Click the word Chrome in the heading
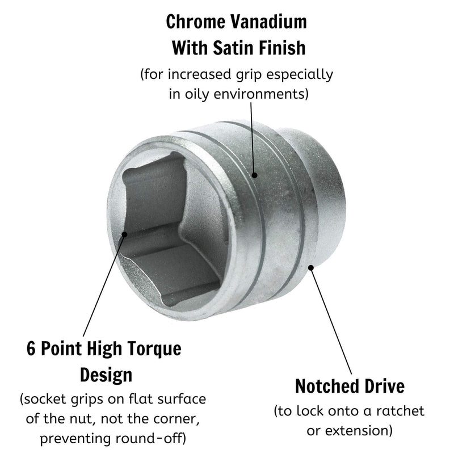(195, 22)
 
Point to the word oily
(197, 94)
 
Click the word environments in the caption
(261, 94)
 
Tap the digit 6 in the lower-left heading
(31, 348)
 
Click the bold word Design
(106, 376)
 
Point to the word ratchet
(400, 411)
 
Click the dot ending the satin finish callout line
(254, 175)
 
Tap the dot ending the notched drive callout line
(311, 267)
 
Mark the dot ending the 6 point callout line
(124, 234)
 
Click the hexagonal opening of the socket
(171, 229)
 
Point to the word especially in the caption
(300, 75)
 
